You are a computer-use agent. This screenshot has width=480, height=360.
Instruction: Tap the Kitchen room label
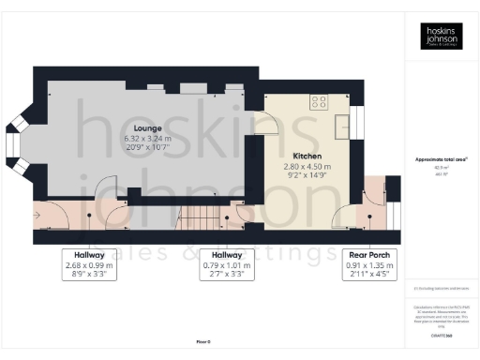pyautogui.click(x=307, y=156)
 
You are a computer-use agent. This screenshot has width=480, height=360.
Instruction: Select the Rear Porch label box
pyautogui.click(x=368, y=264)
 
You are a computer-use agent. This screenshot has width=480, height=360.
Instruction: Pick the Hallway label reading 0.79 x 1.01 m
pyautogui.click(x=227, y=264)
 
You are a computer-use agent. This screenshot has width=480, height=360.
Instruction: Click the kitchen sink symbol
pyautogui.click(x=342, y=125)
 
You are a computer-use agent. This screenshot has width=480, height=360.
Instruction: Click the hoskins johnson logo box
pyautogui.click(x=441, y=37)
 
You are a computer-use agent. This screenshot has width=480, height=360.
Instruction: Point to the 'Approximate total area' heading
pyautogui.click(x=441, y=159)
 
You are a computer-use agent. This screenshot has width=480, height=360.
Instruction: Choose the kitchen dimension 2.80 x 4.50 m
pyautogui.click(x=307, y=165)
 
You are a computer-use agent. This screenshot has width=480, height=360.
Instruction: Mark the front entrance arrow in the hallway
pyautogui.click(x=37, y=216)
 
